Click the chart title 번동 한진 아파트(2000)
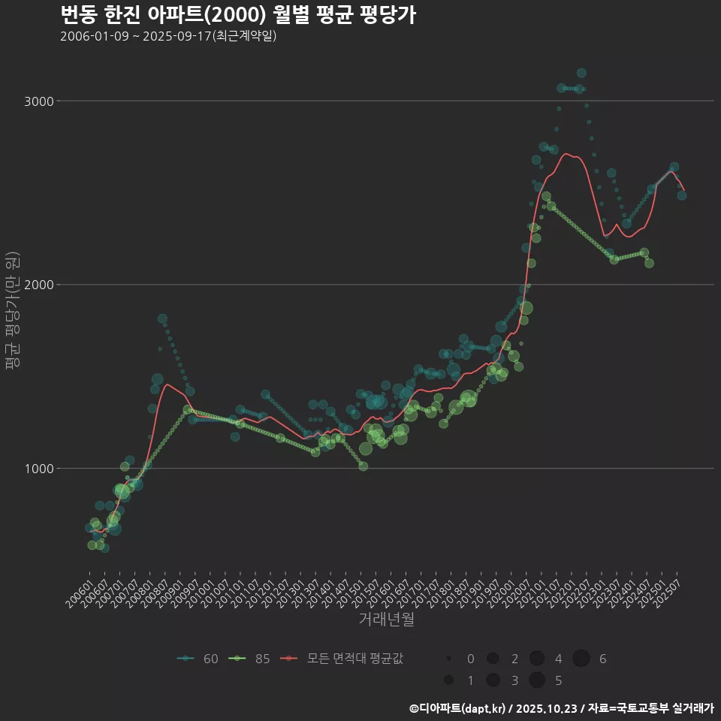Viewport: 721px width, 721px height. pos(237,15)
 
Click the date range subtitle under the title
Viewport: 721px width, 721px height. pos(168,36)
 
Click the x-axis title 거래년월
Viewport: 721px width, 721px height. pos(386,619)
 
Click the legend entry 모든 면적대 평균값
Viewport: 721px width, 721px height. pos(342,659)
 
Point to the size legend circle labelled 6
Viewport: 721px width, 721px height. pos(581,659)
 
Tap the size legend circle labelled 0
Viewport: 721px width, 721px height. pos(448,659)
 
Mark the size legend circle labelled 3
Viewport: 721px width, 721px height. pos(493,680)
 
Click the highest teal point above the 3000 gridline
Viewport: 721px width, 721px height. pos(581,73)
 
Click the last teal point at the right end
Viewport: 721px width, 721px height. pos(682,195)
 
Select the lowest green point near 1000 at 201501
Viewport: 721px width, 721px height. pos(364,466)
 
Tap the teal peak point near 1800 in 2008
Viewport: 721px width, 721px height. pos(162,319)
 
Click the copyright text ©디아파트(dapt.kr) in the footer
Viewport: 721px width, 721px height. pos(457,708)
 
